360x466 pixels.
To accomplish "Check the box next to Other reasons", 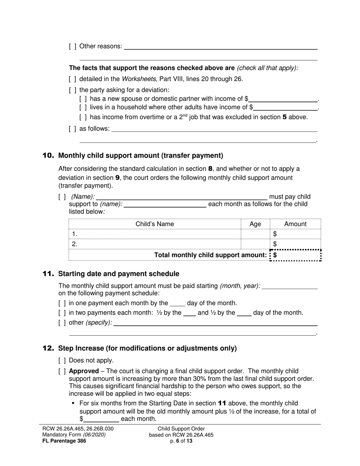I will (x=72, y=46).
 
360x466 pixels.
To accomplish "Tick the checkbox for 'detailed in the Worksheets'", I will (x=72, y=79).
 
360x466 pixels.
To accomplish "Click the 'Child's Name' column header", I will (x=155, y=224).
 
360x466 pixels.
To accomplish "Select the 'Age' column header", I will (x=255, y=224).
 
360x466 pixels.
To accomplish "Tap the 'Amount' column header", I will (x=295, y=224).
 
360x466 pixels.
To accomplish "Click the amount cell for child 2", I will (x=297, y=244).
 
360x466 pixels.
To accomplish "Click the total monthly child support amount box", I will (x=297, y=255).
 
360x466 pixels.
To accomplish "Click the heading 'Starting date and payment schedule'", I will (x=119, y=274).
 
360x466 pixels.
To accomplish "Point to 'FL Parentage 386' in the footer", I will (x=64, y=441).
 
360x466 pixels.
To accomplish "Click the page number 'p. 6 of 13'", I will (x=181, y=441).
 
